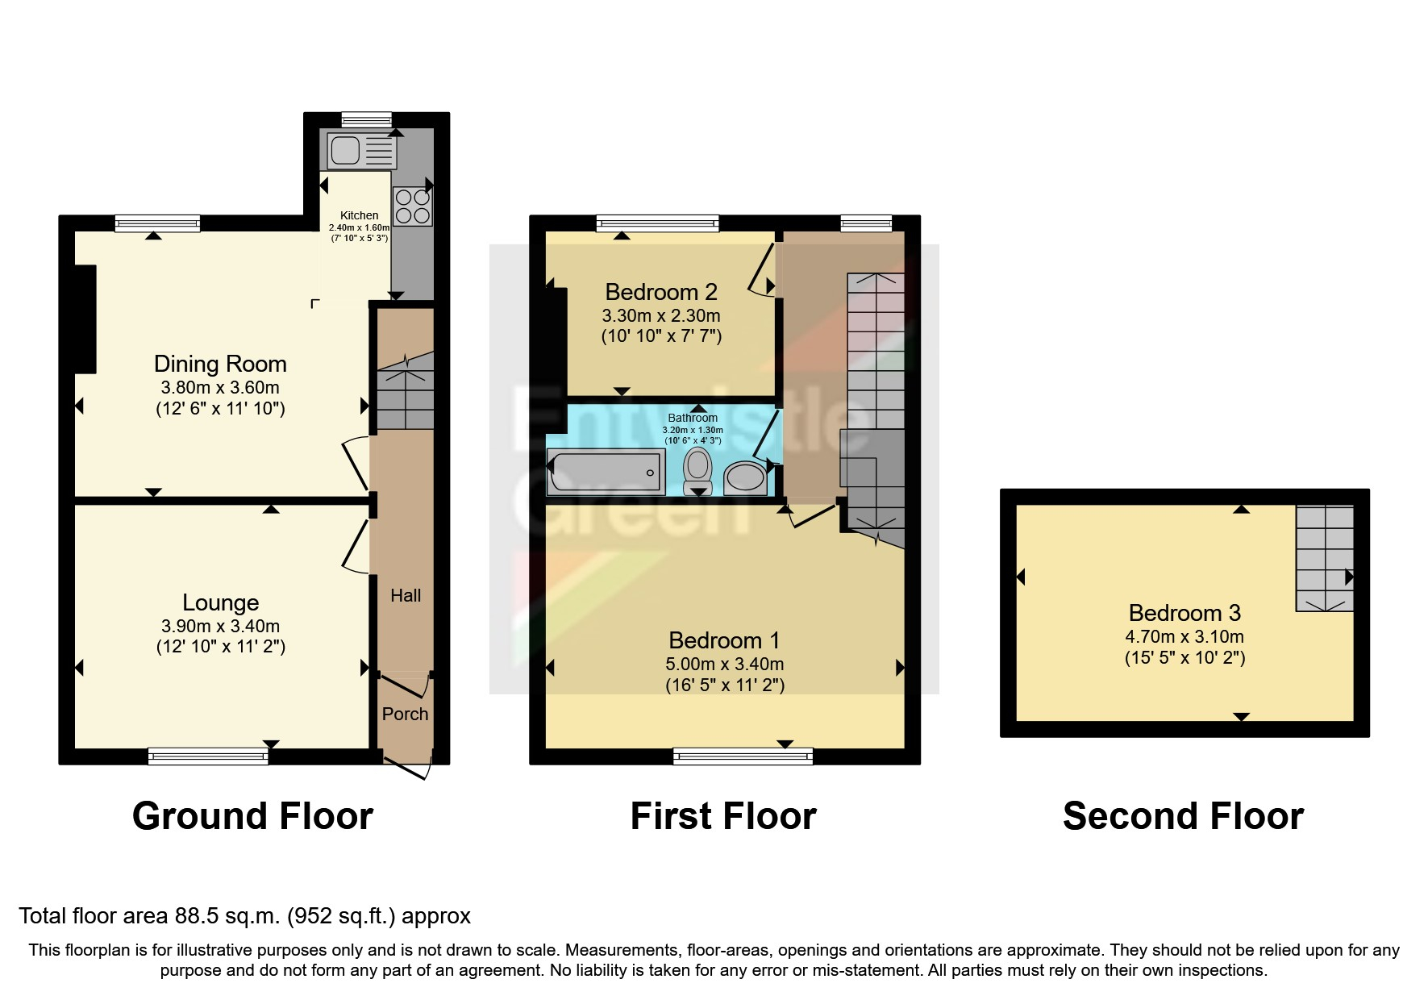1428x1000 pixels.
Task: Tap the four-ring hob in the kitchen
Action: click(412, 206)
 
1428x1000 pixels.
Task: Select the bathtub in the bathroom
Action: click(605, 472)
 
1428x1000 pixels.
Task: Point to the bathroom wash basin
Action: click(744, 477)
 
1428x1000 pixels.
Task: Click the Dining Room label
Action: click(220, 364)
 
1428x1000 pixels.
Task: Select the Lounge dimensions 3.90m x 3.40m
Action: click(220, 626)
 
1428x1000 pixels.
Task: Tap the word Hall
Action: click(406, 595)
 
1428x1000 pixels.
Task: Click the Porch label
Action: click(405, 714)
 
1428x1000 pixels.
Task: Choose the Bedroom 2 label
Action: click(661, 291)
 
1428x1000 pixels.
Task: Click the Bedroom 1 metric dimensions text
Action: click(724, 664)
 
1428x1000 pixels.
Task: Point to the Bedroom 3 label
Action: click(1184, 613)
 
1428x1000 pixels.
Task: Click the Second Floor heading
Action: click(1183, 816)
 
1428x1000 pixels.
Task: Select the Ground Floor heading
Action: click(252, 816)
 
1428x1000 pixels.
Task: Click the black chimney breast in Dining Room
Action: click(85, 319)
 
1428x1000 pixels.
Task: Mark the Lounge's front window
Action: click(208, 756)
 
